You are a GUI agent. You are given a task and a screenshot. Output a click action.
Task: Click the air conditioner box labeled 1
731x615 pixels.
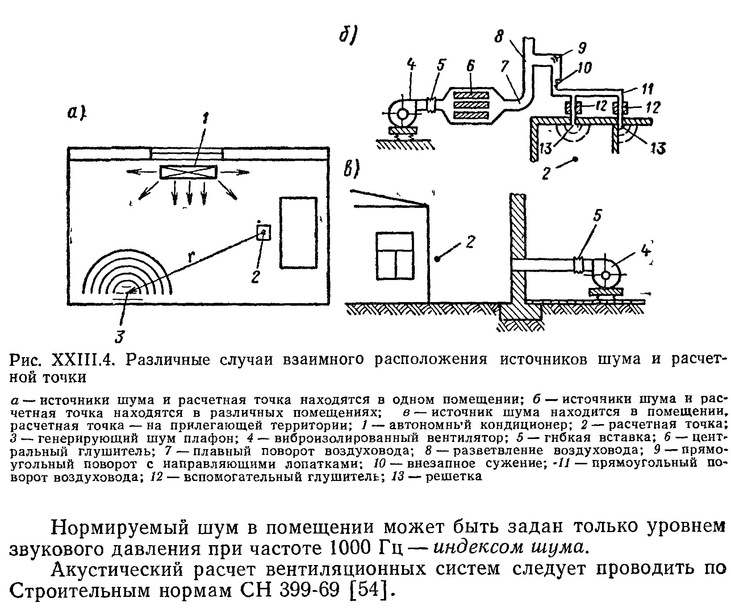tap(188, 172)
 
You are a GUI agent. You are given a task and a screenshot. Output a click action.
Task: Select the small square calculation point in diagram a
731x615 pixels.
tap(263, 233)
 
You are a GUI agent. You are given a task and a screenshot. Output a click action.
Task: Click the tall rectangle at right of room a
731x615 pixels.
tap(298, 233)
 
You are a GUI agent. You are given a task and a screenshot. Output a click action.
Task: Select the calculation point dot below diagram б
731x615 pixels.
tap(575, 159)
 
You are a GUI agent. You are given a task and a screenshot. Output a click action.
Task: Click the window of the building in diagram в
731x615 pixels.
tap(395, 256)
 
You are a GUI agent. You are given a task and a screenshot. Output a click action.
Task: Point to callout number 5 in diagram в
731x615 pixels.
tap(597, 216)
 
